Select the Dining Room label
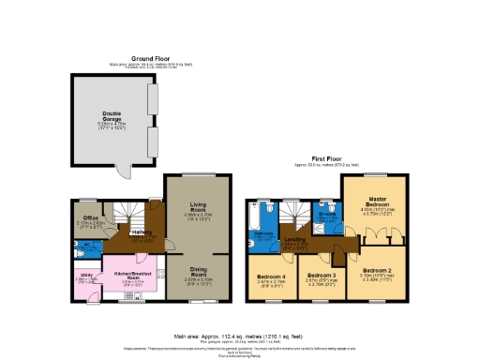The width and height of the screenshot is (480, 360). tap(198, 274)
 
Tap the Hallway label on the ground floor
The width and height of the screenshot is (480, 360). tap(142, 232)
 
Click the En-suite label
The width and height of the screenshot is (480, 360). tap(326, 215)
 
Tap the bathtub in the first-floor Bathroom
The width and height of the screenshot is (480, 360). tap(254, 214)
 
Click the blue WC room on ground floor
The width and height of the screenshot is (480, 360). tap(84, 248)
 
